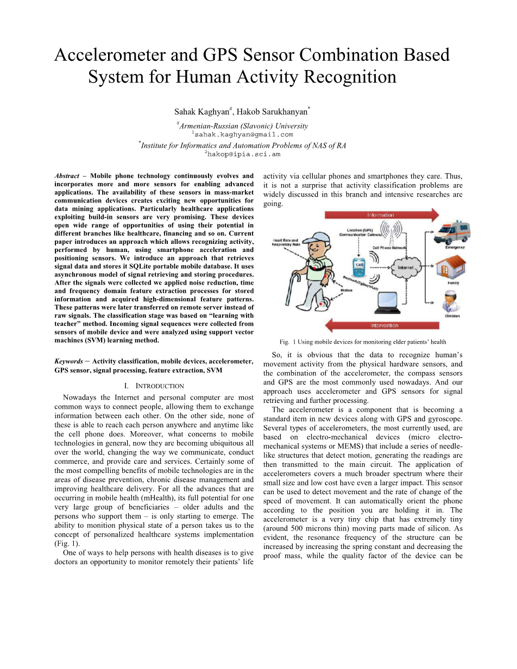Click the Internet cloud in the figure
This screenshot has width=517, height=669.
(406, 268)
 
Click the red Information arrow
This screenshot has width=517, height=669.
(380, 215)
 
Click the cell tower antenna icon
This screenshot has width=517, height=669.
(392, 234)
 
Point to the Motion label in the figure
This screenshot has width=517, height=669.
(346, 290)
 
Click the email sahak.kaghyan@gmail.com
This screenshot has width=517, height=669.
(243, 134)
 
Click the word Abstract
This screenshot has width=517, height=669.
(67, 176)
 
